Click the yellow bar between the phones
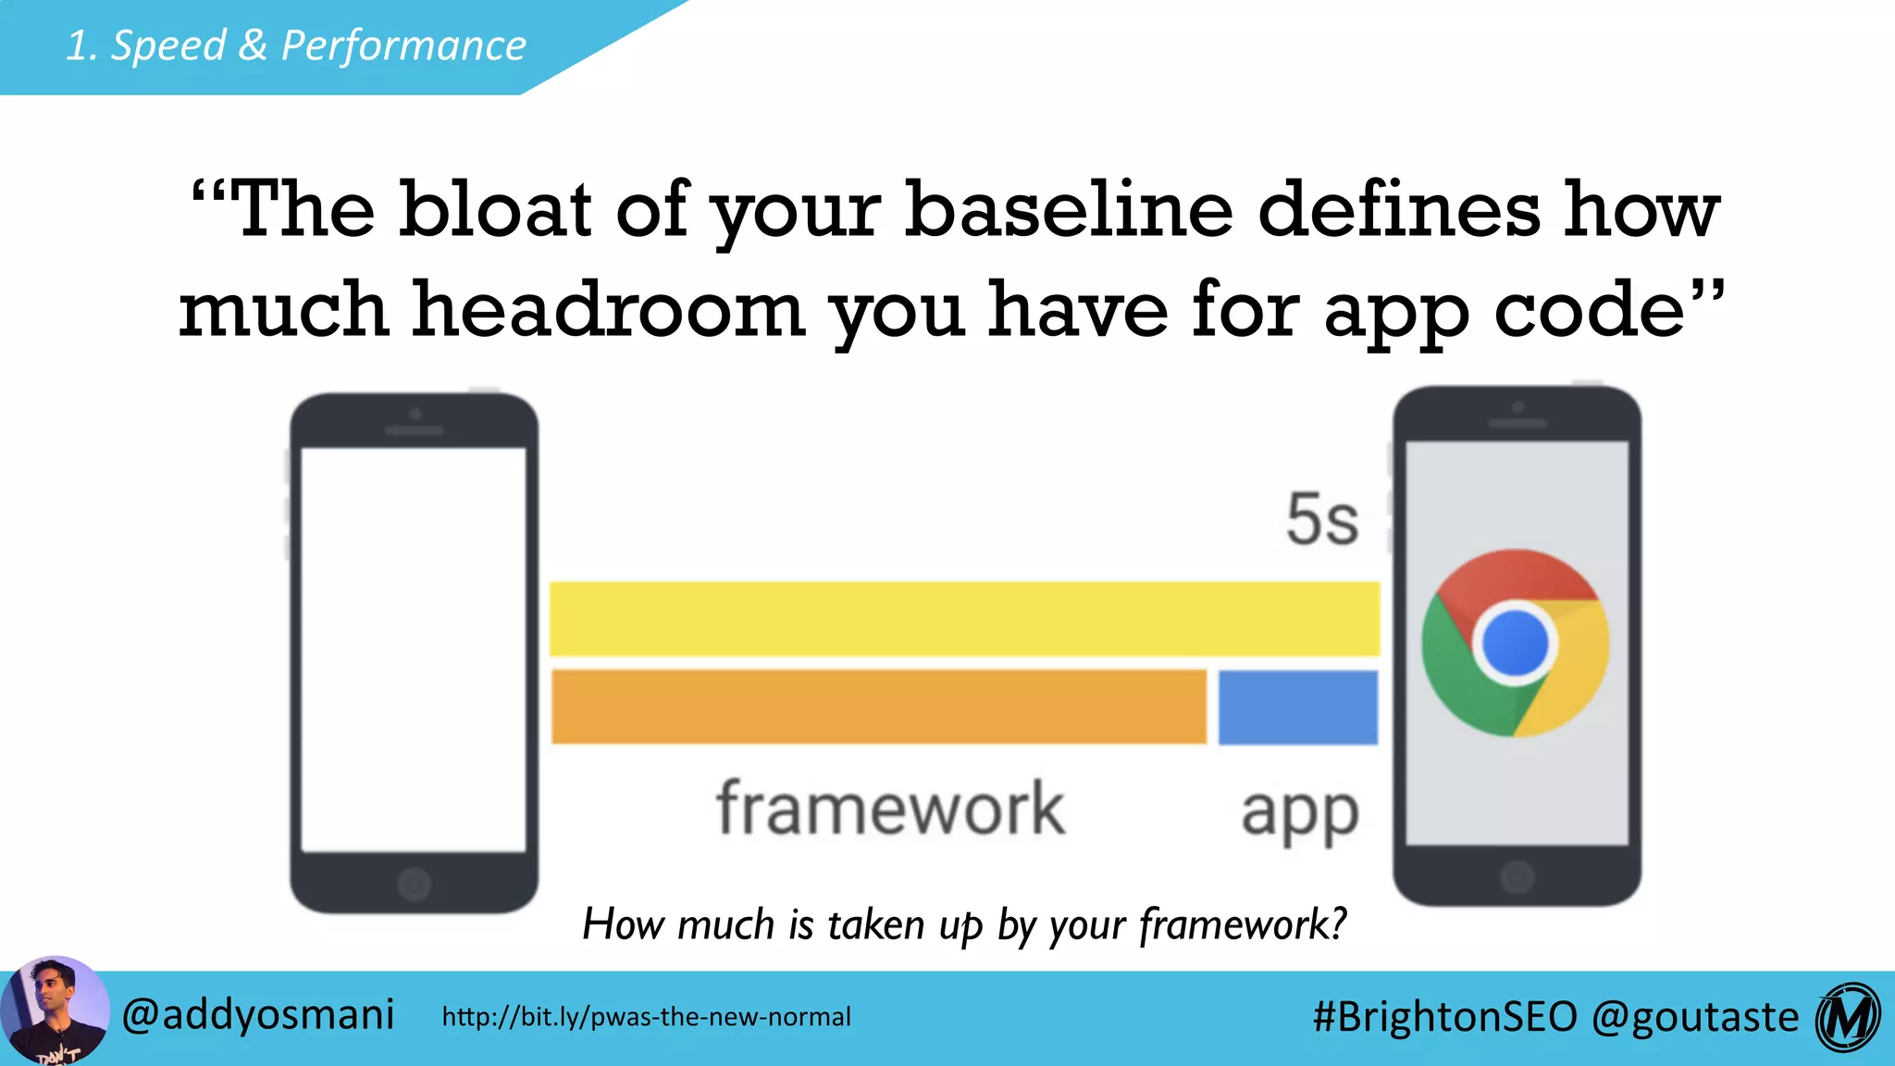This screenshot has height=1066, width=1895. tap(964, 618)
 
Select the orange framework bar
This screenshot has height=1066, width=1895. tap(879, 707)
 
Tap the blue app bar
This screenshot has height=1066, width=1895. tap(1297, 707)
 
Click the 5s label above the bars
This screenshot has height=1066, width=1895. tap(1322, 520)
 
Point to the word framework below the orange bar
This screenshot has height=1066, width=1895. tap(890, 809)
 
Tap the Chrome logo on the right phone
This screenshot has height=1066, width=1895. tap(1516, 643)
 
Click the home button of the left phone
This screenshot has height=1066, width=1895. tap(414, 884)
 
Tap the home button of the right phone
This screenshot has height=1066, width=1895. tap(1517, 876)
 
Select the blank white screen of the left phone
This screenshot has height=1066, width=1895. tap(414, 648)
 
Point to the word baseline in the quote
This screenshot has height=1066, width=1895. tap(1069, 209)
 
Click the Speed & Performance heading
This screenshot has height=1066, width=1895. tap(296, 45)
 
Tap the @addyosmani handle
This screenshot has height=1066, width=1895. tap(258, 1015)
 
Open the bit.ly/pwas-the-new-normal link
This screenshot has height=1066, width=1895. tap(646, 1017)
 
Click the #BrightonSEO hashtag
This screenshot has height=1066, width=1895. tap(1444, 1016)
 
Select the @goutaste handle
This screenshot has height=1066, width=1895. tap(1695, 1016)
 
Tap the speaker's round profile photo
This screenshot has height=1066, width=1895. tap(54, 1011)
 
